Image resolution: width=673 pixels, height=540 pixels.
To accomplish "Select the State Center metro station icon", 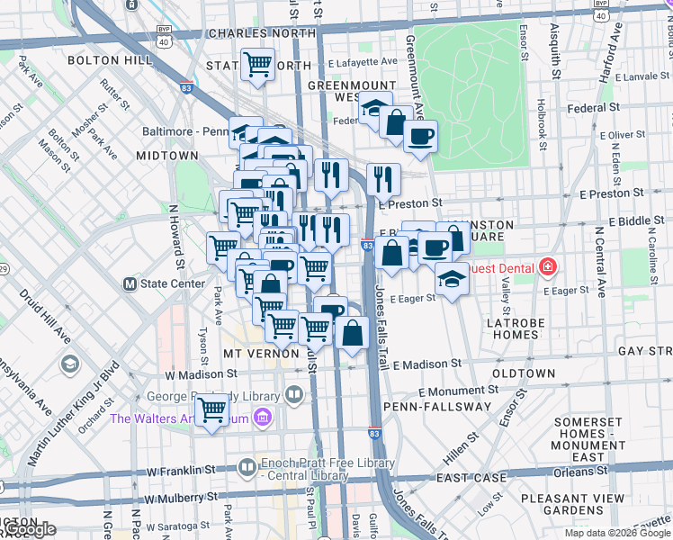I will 130,283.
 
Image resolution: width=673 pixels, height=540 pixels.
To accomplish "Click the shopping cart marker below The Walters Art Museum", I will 211,411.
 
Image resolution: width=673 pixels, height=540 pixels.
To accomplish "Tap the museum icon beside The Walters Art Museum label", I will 262,418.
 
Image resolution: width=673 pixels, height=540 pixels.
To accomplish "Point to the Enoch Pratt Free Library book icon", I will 247,466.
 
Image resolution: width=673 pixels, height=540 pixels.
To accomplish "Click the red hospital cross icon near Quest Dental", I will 547,267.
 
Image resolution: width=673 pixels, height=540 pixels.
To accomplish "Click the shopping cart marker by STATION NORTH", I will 258,65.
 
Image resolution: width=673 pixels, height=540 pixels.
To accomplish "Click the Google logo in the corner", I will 29,530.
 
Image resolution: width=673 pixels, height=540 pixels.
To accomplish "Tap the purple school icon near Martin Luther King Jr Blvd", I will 70,364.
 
